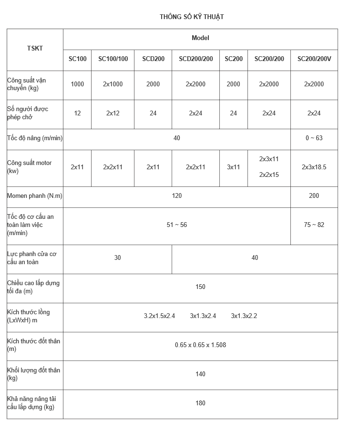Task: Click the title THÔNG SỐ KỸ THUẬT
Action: click(192, 17)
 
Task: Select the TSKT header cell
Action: click(35, 48)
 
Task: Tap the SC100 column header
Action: click(77, 59)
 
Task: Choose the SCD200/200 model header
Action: click(196, 59)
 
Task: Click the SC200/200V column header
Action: click(314, 59)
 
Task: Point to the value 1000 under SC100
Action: click(77, 84)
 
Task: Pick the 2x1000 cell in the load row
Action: click(113, 84)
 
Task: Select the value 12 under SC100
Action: click(77, 113)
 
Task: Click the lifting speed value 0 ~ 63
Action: click(314, 138)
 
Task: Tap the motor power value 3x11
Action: click(233, 167)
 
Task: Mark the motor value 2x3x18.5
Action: click(314, 167)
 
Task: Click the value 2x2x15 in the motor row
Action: click(269, 175)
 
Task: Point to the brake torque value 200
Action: click(314, 196)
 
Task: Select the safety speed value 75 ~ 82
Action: click(314, 225)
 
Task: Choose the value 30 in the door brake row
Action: click(118, 258)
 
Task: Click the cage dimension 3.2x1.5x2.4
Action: click(159, 316)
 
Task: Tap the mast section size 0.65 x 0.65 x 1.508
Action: click(200, 345)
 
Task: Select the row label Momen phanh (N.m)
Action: click(35, 196)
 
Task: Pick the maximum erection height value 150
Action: click(200, 287)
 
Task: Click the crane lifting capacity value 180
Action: click(200, 403)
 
